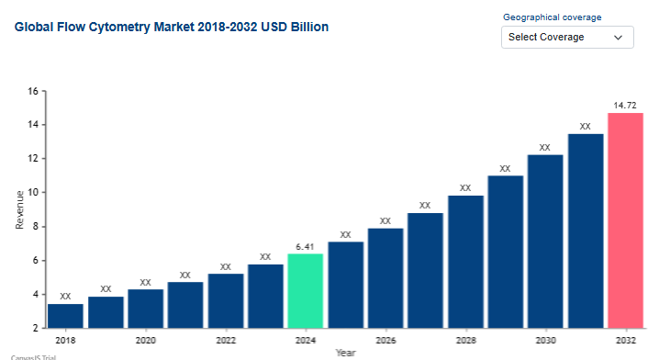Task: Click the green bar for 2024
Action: coord(305,290)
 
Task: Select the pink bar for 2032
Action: coord(625,220)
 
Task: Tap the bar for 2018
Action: coord(65,316)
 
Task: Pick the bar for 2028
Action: coord(465,262)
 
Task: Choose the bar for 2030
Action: coord(545,242)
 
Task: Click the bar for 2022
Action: coord(226,300)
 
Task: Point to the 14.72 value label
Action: coord(625,105)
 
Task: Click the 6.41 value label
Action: coord(305,247)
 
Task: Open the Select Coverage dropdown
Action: coord(567,37)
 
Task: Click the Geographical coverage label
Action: coord(553,17)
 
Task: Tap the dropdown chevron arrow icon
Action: coord(618,38)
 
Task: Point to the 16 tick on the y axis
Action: coord(33,91)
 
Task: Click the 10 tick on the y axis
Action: coord(33,192)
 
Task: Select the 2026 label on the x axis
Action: coord(385,340)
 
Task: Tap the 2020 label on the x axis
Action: coord(145,340)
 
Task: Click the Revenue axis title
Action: coord(20,209)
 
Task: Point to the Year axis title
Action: coord(345,353)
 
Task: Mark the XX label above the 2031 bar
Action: coord(585,126)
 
